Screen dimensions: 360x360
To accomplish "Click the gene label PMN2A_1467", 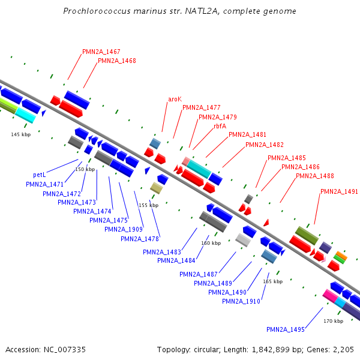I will pos(101,52).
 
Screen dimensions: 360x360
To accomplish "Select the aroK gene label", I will pos(175,99).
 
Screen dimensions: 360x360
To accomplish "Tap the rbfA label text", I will pos(220,126).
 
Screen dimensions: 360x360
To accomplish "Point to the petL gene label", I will pos(40,175).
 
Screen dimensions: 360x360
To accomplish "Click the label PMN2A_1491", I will pos(339,192).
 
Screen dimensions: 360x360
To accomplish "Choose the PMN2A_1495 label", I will pos(286,329).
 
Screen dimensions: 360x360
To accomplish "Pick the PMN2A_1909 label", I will pos(124,229).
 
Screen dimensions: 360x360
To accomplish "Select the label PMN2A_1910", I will pos(241,301).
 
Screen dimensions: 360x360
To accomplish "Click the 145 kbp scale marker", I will pos(20,134).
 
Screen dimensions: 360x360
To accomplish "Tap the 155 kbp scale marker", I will pos(148,205).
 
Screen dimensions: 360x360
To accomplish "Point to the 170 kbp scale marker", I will pos(333,321).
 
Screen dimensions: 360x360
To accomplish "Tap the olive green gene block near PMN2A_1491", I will pos(307,235).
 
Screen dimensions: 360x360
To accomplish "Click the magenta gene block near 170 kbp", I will pos(329,295).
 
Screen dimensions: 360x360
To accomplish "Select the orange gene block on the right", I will pos(341,255).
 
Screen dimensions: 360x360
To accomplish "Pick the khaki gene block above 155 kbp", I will pos(157,188).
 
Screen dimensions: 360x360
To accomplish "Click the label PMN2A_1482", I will pos(265,145).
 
